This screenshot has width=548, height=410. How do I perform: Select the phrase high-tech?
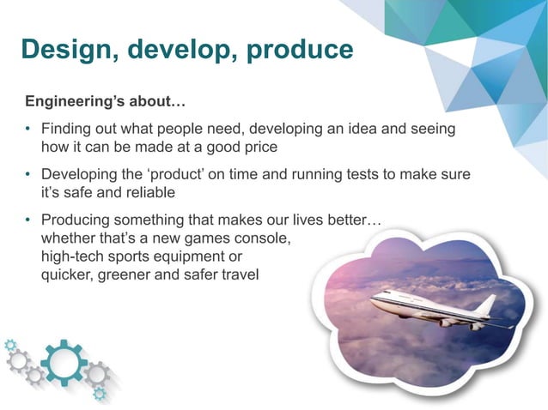click(74, 256)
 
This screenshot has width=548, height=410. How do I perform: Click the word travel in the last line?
click(241, 275)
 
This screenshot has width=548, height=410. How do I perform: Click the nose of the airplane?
click(373, 299)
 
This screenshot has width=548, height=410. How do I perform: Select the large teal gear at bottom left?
click(64, 363)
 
